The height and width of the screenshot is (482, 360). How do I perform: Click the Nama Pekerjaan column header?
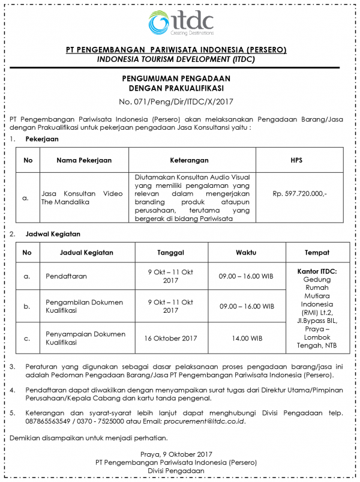[x=84, y=160]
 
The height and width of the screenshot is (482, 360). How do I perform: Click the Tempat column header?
[x=317, y=253]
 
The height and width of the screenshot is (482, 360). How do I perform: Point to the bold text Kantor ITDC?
[x=317, y=271]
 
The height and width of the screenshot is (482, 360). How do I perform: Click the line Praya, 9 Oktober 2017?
[x=180, y=454]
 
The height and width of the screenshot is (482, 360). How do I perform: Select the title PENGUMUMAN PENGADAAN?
[x=180, y=79]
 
